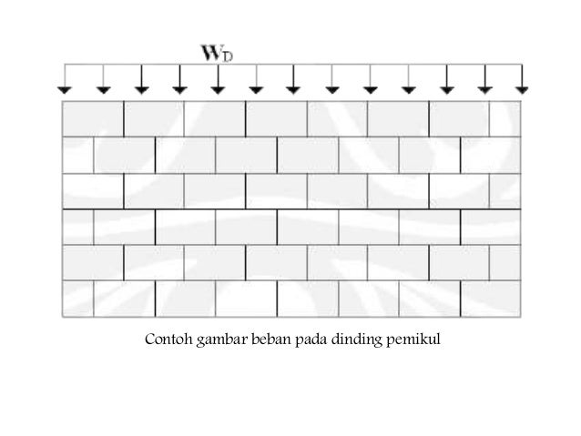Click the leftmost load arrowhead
coord(64,89)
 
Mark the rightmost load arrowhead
coord(521,89)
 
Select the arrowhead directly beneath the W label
coord(217,89)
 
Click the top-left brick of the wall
coord(92,118)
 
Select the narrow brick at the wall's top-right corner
coord(505,118)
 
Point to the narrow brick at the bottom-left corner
coord(76,299)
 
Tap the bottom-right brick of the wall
coord(491,299)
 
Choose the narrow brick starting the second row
coord(76,155)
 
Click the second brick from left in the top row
coord(153,118)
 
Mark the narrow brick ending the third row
coord(505,190)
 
